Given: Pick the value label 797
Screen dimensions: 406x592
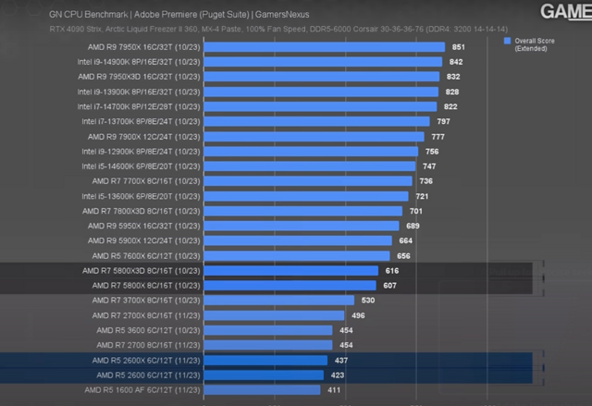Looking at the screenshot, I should click(x=443, y=121).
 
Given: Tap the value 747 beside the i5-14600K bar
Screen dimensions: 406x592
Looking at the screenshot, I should click(x=429, y=166).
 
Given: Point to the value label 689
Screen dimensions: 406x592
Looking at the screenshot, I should click(x=413, y=226).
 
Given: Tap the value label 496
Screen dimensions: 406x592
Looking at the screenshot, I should click(x=358, y=315).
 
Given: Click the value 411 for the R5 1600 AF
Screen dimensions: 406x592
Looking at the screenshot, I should click(x=334, y=390).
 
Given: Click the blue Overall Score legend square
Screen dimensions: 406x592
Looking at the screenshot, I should click(x=508, y=42).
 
